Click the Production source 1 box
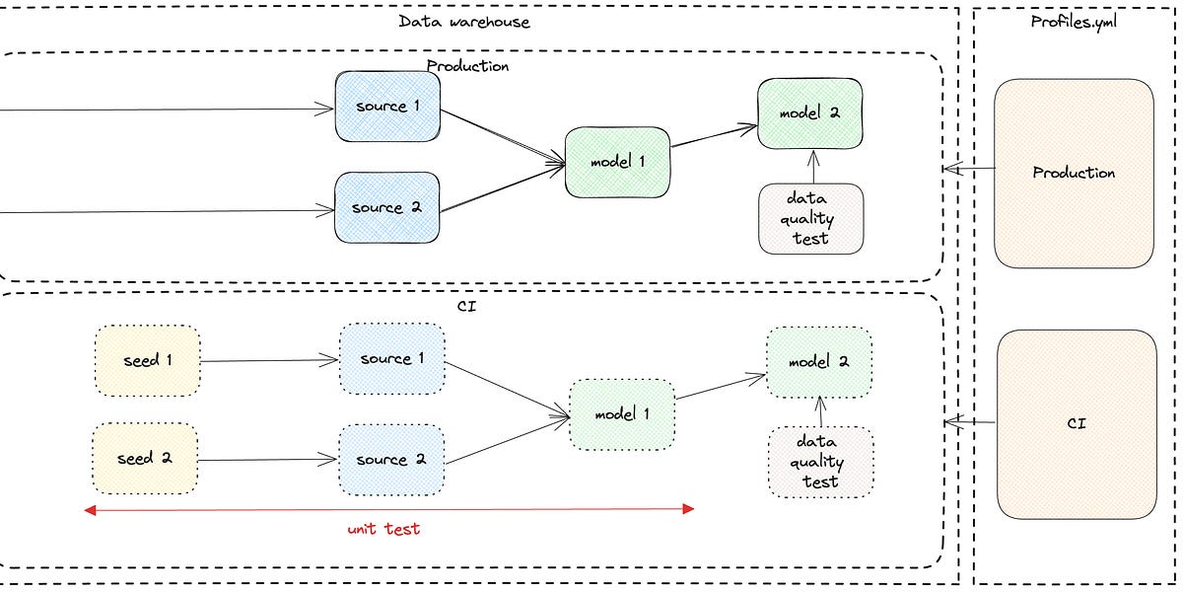pyautogui.click(x=386, y=107)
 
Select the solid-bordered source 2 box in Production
pyautogui.click(x=386, y=208)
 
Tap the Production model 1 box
pyautogui.click(x=618, y=161)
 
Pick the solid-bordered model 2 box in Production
pyautogui.click(x=809, y=113)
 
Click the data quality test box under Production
pyautogui.click(x=810, y=218)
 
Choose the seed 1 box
pyautogui.click(x=147, y=360)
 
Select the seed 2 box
pyautogui.click(x=145, y=459)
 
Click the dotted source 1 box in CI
pyautogui.click(x=391, y=358)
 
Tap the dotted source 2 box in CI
pyautogui.click(x=391, y=460)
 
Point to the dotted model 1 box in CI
pyautogui.click(x=622, y=414)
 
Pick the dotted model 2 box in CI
pyautogui.click(x=818, y=362)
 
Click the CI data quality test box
pyautogui.click(x=819, y=461)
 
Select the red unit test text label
pyautogui.click(x=383, y=530)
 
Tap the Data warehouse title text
pyautogui.click(x=464, y=22)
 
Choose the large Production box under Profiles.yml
pyautogui.click(x=1074, y=174)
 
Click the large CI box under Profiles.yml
pyautogui.click(x=1076, y=424)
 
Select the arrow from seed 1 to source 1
pyautogui.click(x=269, y=361)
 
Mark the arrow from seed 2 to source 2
pyautogui.click(x=267, y=460)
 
